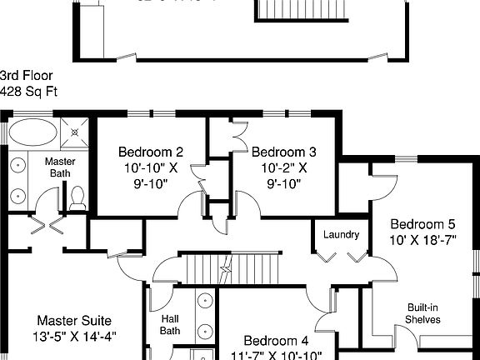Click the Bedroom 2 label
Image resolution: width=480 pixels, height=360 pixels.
pos(150,152)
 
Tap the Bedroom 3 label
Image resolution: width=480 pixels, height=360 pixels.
pos(283,152)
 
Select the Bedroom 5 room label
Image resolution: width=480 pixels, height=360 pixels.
pos(422,224)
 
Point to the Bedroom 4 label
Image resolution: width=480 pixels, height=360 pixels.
pos(276,341)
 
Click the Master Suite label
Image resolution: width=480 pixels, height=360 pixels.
pos(74,321)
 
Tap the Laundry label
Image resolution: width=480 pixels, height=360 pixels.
pos(342,235)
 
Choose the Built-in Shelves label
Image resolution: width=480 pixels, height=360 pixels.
pos(422,312)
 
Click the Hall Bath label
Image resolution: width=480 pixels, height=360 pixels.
pos(170,324)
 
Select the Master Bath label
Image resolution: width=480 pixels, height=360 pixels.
pos(60,167)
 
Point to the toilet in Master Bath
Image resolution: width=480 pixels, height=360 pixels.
pos(77,197)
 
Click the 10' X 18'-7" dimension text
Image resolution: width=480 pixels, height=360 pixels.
pos(422,240)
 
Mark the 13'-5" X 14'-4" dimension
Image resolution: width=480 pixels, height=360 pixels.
pos(74,337)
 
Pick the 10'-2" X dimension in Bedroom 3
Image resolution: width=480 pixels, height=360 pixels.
pos(283,167)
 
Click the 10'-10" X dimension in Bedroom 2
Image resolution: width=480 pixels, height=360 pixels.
pos(150,167)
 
